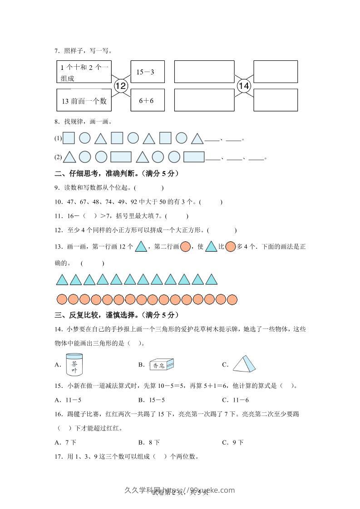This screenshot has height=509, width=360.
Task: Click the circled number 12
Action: tap(120, 85)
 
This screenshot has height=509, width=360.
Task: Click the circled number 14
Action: tap(244, 85)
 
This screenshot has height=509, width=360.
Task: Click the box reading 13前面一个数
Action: tap(84, 100)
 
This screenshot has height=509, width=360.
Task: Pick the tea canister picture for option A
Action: tap(74, 364)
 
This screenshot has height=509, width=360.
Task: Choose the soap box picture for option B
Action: tap(161, 364)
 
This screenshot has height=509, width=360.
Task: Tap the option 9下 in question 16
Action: tap(235, 442)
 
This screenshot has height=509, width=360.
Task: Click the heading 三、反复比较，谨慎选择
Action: tap(116, 315)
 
